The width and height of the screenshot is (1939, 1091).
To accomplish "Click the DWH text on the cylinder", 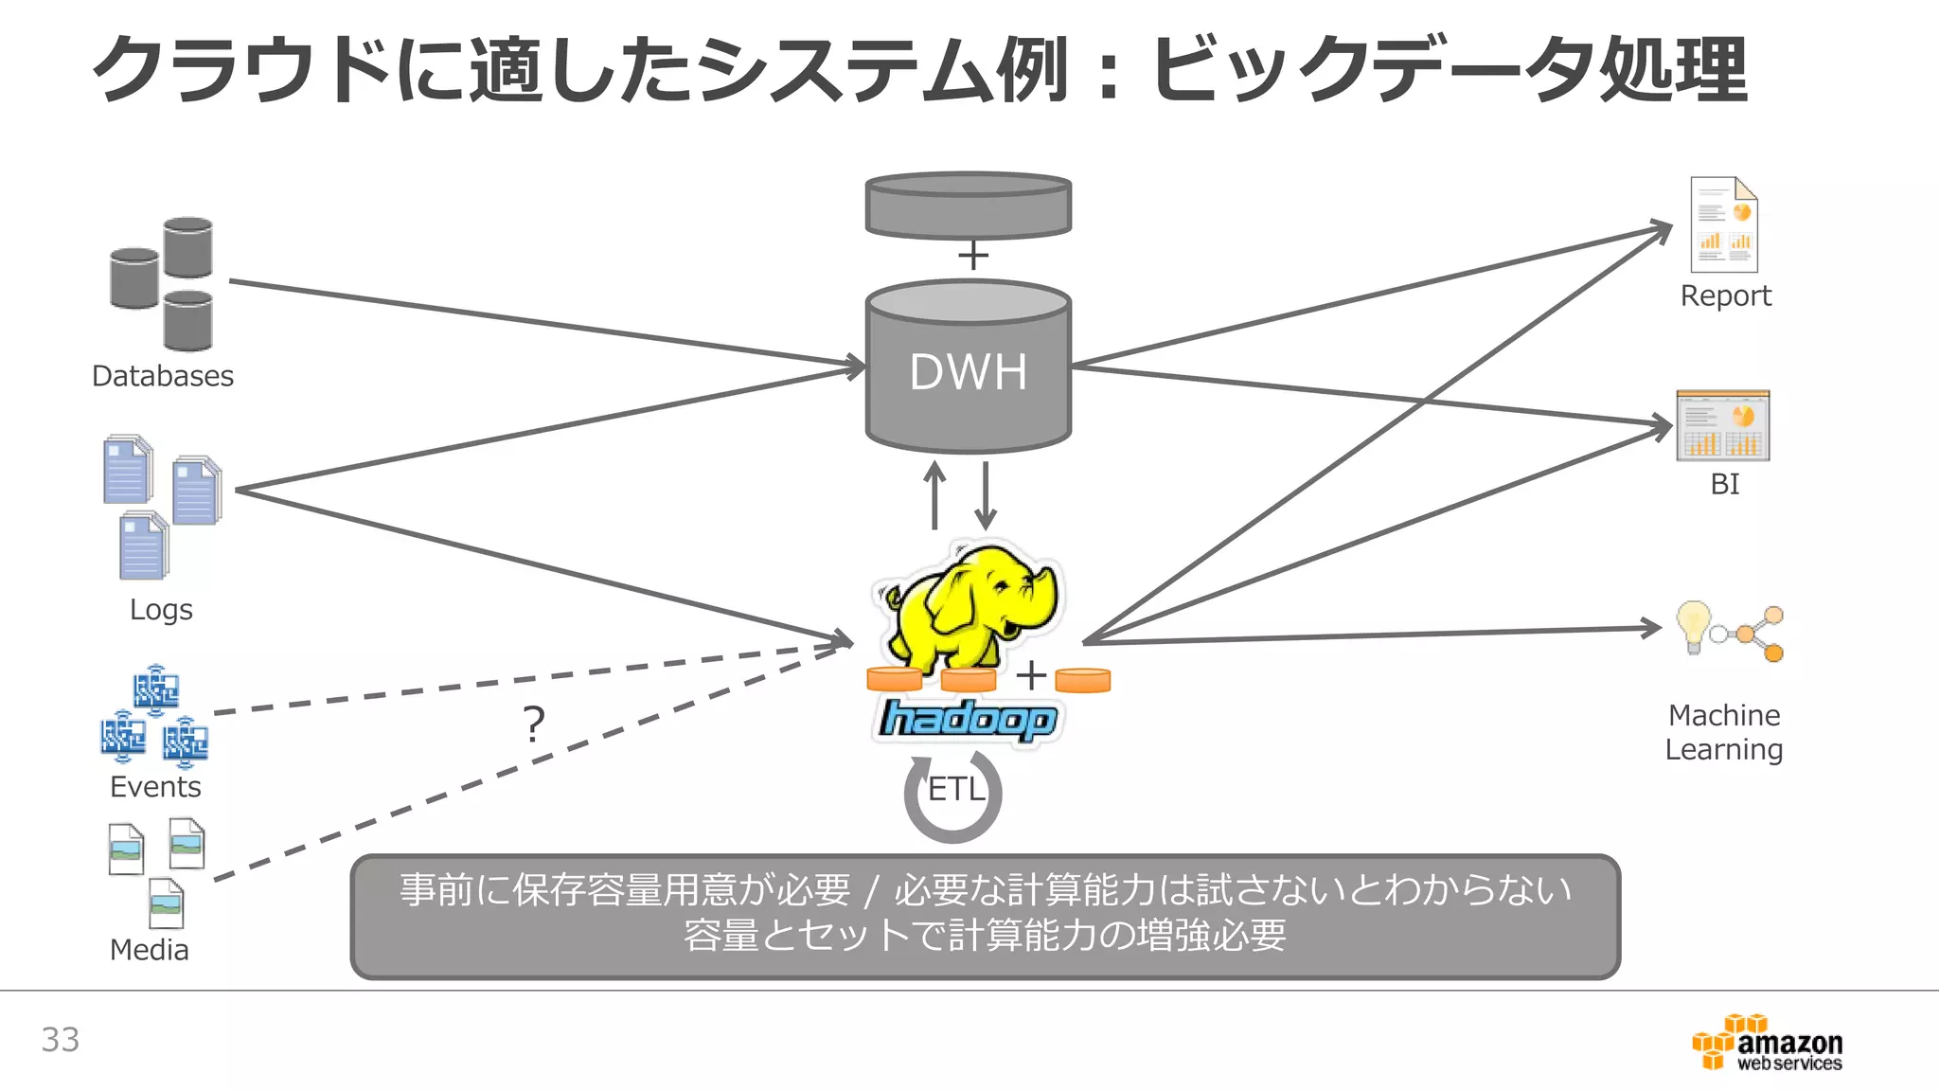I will pyautogui.click(x=968, y=371).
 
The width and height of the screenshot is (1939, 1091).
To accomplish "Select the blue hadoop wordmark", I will pyautogui.click(x=967, y=720).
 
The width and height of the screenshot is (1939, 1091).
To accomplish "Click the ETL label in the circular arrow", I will pyautogui.click(x=954, y=789).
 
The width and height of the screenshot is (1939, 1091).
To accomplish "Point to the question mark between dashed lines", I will pyautogui.click(x=534, y=724).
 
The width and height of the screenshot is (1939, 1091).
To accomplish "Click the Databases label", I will pyautogui.click(x=162, y=376).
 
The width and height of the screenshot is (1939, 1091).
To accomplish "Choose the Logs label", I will pyautogui.click(x=161, y=609).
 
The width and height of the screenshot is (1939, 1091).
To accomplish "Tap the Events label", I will pyautogui.click(x=155, y=786).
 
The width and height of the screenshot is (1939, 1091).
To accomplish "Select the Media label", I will pyautogui.click(x=149, y=949).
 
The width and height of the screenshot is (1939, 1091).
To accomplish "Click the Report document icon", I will pyautogui.click(x=1724, y=225).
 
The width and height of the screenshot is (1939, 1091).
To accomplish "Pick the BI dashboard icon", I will pyautogui.click(x=1723, y=426).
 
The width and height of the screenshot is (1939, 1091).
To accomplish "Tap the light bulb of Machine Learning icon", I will pyautogui.click(x=1693, y=624).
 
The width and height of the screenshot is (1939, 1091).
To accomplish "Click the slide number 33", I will pyautogui.click(x=60, y=1040).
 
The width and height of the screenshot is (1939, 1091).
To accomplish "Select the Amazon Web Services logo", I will pyautogui.click(x=1768, y=1043).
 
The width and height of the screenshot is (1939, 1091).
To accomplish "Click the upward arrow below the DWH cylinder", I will pyautogui.click(x=934, y=494).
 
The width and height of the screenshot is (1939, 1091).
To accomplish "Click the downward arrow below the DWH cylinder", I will pyautogui.click(x=986, y=494).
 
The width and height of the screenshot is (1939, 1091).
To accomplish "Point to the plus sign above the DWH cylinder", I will pyautogui.click(x=972, y=256).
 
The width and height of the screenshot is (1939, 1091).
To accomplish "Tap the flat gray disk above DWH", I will pyautogui.click(x=968, y=205).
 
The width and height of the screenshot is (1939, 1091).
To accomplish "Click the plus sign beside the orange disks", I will pyautogui.click(x=1031, y=675).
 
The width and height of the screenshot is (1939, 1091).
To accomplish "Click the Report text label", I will pyautogui.click(x=1725, y=295).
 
